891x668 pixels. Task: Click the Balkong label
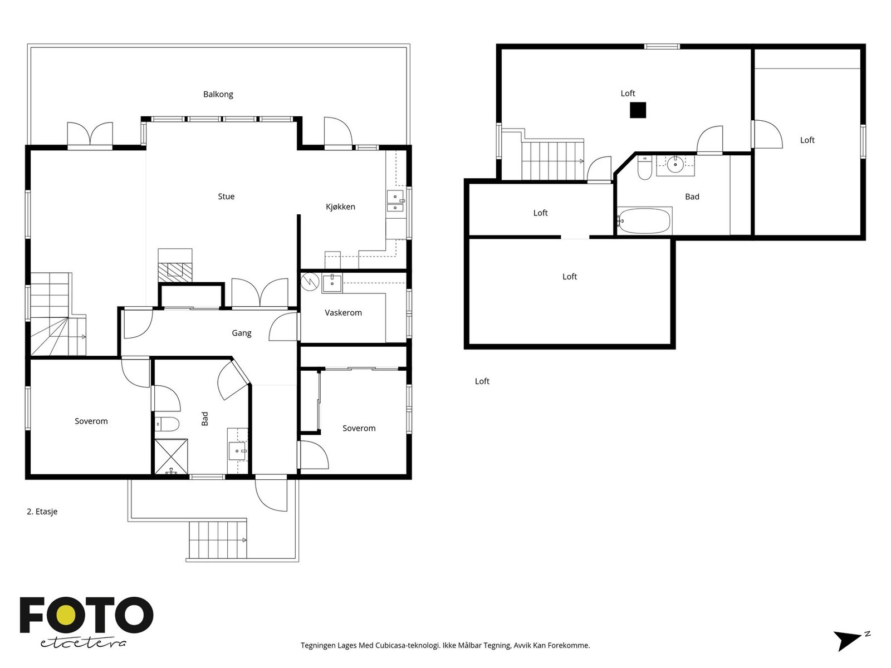[218, 95]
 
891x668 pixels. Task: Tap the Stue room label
[226, 197]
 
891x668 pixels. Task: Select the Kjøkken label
[340, 207]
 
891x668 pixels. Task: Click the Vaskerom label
[343, 312]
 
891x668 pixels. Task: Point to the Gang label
[242, 333]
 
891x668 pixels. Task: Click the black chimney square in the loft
[638, 110]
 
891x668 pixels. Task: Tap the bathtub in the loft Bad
[644, 221]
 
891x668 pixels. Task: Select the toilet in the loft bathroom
[644, 168]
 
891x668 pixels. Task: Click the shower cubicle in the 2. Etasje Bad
[171, 456]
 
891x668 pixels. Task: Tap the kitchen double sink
[395, 201]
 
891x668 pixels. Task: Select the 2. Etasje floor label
[42, 512]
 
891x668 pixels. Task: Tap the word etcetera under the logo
[83, 643]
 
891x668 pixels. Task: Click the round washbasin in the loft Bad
[675, 164]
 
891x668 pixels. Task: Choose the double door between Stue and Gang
[260, 293]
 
